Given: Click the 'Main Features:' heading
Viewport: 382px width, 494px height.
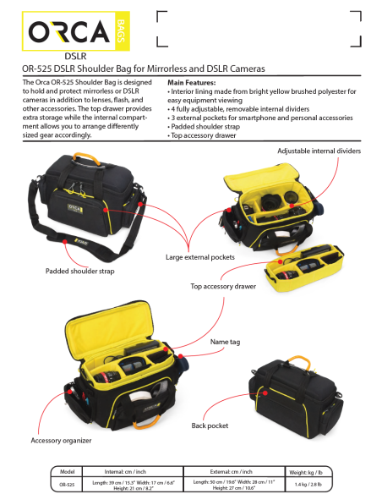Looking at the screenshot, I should tap(192, 83).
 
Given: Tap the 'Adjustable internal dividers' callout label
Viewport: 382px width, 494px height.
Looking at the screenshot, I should tap(319, 150).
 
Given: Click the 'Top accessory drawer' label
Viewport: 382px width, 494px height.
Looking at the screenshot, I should tap(221, 287).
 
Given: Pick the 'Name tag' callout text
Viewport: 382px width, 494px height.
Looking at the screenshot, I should tap(225, 342).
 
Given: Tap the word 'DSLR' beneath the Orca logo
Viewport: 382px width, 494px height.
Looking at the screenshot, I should tap(75, 56).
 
